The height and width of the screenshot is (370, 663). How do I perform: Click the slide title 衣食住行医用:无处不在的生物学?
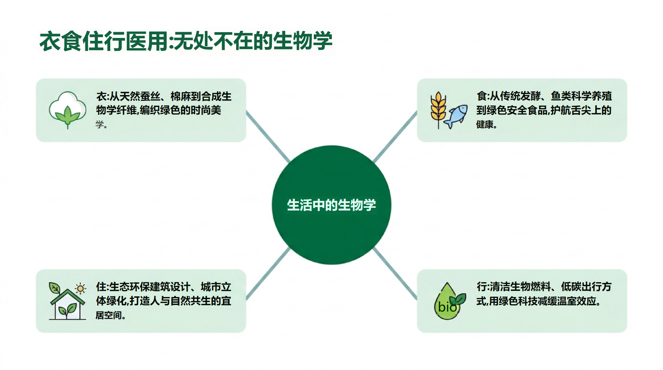click(x=186, y=41)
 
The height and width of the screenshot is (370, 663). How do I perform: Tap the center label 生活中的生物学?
click(x=331, y=205)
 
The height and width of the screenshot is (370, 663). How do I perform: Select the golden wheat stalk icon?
click(x=438, y=110)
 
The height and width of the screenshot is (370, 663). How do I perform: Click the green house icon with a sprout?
click(x=67, y=301)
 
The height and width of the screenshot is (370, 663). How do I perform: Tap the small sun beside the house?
click(x=80, y=288)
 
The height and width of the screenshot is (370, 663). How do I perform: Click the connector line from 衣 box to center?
click(x=268, y=137)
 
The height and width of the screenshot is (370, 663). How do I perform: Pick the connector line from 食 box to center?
click(x=395, y=137)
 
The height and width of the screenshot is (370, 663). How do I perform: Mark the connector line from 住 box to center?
click(x=268, y=274)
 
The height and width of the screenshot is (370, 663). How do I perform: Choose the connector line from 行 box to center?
click(x=395, y=274)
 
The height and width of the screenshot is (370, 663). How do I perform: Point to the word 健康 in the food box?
click(x=485, y=125)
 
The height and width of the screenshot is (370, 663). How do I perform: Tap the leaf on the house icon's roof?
click(x=54, y=288)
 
